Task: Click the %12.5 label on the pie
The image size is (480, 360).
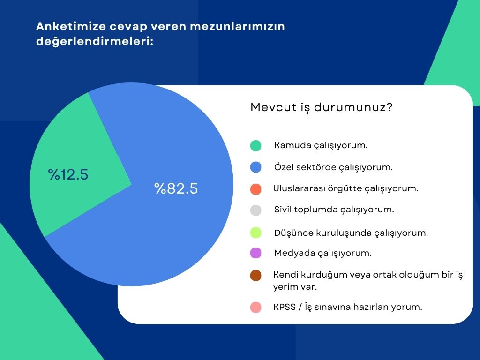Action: click(68, 174)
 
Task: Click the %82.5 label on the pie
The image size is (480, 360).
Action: click(176, 188)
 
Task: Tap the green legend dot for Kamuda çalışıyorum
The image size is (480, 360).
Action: click(255, 145)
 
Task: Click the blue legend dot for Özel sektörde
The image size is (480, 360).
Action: click(255, 167)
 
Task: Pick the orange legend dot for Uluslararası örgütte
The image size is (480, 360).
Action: click(255, 189)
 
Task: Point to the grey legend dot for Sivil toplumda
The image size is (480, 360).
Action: click(255, 210)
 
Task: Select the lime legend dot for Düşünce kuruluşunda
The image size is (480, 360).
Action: click(255, 232)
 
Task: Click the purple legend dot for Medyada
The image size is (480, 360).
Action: click(255, 253)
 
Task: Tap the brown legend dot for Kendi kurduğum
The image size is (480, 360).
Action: click(255, 275)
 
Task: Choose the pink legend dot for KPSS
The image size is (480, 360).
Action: click(255, 307)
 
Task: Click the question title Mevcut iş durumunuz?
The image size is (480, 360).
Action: click(322, 107)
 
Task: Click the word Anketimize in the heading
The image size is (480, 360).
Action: click(71, 26)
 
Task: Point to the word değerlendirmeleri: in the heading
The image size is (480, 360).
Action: click(95, 41)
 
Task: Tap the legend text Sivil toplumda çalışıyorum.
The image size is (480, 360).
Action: click(334, 210)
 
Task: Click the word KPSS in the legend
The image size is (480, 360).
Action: click(285, 307)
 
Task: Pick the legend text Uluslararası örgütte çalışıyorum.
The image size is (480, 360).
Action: click(345, 188)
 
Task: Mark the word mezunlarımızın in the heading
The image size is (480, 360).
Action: click(237, 26)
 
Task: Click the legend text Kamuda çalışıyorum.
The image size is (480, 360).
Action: click(321, 145)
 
